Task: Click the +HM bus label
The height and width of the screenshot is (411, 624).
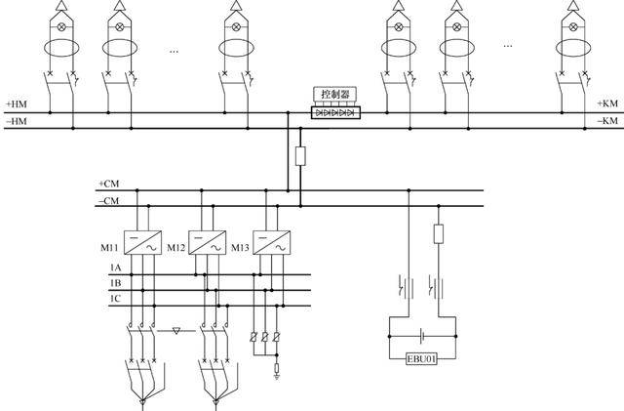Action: [x=17, y=103]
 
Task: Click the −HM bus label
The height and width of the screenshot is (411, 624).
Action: [x=17, y=121]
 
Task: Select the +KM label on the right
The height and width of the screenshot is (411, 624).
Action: [x=608, y=103]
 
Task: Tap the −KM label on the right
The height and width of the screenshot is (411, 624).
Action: [x=608, y=121]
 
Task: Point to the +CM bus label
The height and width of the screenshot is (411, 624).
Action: [x=108, y=184]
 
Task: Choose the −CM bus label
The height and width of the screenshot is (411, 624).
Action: [x=108, y=201]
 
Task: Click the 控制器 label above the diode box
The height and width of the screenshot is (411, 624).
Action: [x=334, y=94]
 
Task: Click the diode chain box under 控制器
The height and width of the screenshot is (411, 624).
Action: [x=334, y=113]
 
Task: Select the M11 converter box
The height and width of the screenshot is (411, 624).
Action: [x=142, y=243]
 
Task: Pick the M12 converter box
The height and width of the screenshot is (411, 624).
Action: [x=206, y=243]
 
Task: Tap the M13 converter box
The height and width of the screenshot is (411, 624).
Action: [x=270, y=243]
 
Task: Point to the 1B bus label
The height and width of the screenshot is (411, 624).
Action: [x=115, y=282]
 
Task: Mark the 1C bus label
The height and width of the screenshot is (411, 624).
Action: [x=115, y=298]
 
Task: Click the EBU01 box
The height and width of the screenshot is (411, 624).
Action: [x=419, y=358]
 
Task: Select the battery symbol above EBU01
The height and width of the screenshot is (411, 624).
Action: [x=419, y=335]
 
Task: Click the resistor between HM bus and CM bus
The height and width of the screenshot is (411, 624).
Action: [x=300, y=155]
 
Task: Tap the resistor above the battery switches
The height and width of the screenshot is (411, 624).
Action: [x=439, y=233]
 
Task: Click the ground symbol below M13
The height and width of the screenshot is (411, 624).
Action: [x=278, y=369]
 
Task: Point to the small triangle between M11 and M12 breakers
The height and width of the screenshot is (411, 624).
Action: [x=175, y=331]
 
